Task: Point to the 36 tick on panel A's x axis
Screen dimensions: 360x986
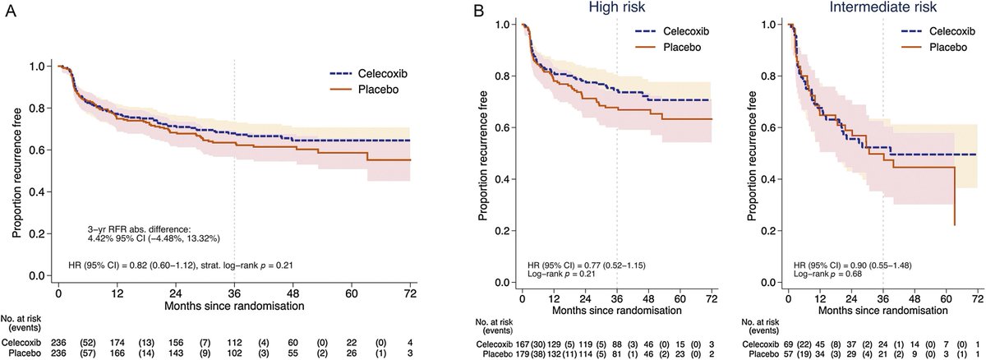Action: [x=234, y=293]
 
